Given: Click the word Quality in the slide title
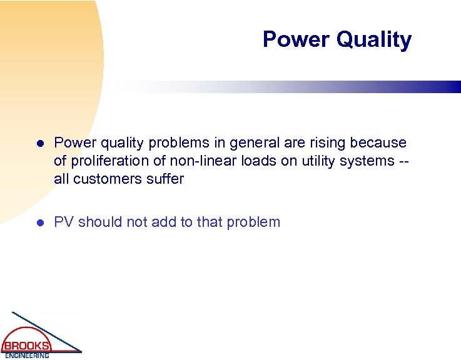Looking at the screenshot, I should coord(373,39).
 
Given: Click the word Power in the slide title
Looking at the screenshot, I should coord(296,39).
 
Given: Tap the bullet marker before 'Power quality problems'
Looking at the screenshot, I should coord(39,144).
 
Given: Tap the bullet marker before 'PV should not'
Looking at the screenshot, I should coord(39,222).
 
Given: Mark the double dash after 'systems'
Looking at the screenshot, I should coord(404,161).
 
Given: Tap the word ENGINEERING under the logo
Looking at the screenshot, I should coord(26,356).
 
